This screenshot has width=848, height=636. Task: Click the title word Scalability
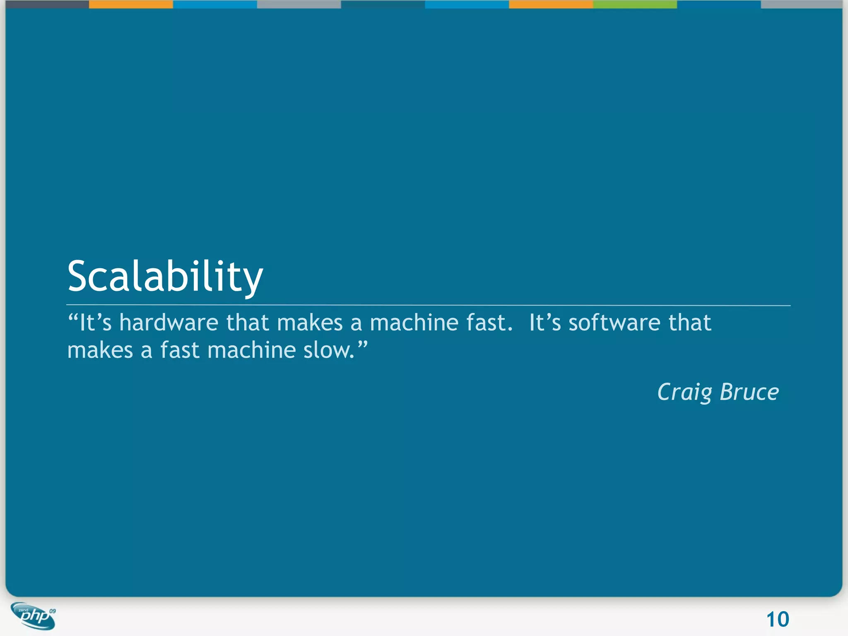(x=165, y=277)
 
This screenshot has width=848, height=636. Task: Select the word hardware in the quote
(x=169, y=323)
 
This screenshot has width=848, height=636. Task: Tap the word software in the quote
(x=614, y=323)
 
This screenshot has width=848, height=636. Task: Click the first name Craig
(x=684, y=392)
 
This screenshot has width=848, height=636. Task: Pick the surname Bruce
(x=749, y=392)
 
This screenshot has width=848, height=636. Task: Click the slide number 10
(x=778, y=619)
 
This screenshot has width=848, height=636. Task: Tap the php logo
(x=33, y=616)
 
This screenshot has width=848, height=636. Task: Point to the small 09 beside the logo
(x=53, y=611)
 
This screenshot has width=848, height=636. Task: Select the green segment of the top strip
(x=635, y=4)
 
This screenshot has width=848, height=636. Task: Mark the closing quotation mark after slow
(x=362, y=344)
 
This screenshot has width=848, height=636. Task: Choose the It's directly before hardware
(x=96, y=323)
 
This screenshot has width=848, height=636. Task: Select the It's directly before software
(x=545, y=323)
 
